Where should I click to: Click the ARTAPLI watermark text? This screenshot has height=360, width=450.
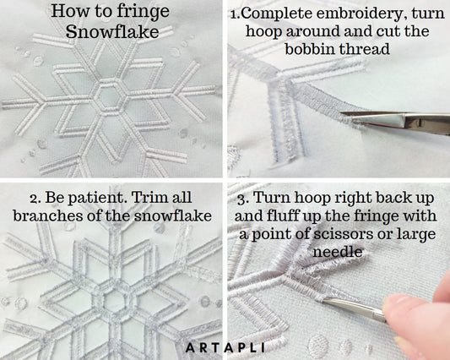coord(225,346)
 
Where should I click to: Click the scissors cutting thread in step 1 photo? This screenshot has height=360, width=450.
coord(397,120)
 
